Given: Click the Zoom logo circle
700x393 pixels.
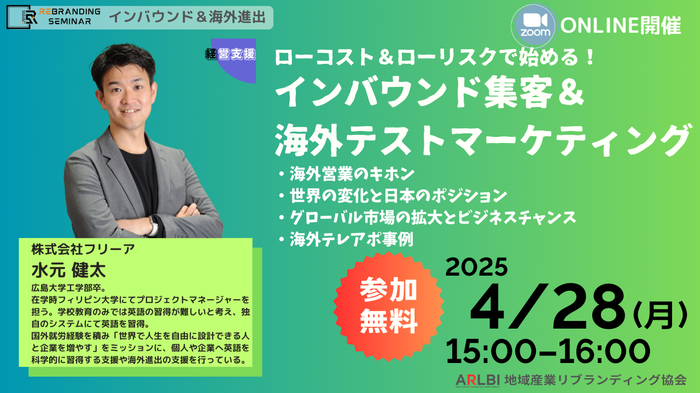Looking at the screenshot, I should [x=535, y=26].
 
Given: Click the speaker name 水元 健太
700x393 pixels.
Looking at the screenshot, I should [x=69, y=270].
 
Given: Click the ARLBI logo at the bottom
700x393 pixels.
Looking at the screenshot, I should [x=478, y=380].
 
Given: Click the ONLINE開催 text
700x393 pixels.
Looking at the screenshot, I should [x=620, y=26].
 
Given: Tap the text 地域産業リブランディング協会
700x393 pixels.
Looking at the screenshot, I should [x=595, y=380].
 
